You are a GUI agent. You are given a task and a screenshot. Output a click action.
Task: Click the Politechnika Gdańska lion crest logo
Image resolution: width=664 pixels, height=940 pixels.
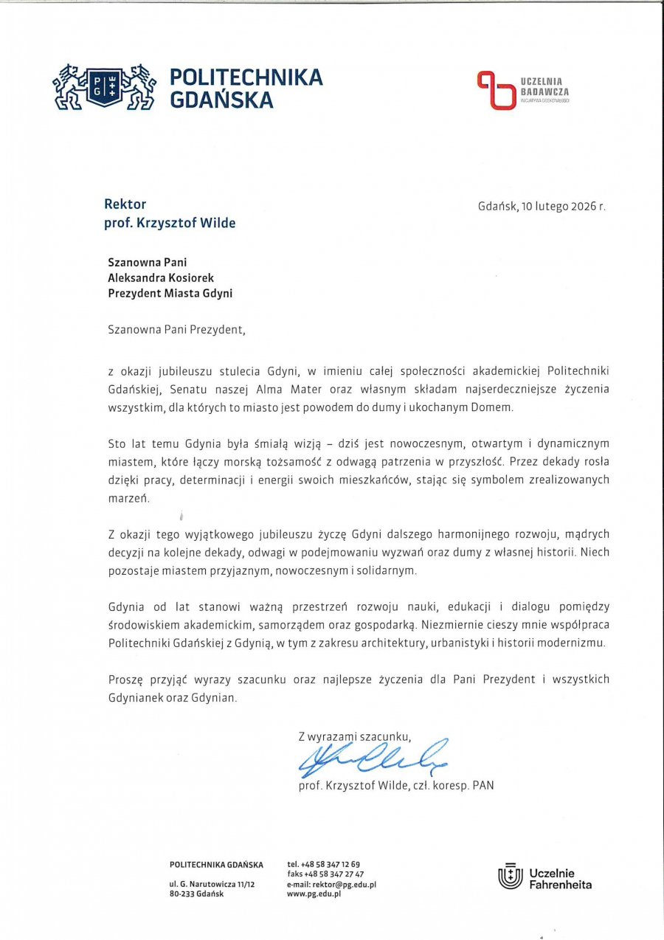[103, 87]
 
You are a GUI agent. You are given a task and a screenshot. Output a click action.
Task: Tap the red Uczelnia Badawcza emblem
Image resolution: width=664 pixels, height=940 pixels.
[495, 90]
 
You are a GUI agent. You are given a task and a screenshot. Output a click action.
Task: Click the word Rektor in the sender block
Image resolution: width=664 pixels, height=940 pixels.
[125, 204]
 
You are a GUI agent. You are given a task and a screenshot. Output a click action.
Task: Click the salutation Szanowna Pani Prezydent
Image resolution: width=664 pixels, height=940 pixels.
[176, 330]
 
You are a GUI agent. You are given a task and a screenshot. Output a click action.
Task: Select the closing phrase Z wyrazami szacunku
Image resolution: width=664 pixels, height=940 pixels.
[354, 736]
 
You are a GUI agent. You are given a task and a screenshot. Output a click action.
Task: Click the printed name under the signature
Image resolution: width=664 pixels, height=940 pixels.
[396, 786]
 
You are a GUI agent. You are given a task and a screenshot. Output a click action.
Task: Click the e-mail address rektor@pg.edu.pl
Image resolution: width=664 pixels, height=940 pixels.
[332, 884]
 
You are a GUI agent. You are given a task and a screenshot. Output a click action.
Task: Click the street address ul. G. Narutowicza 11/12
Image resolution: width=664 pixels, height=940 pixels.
[212, 884]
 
